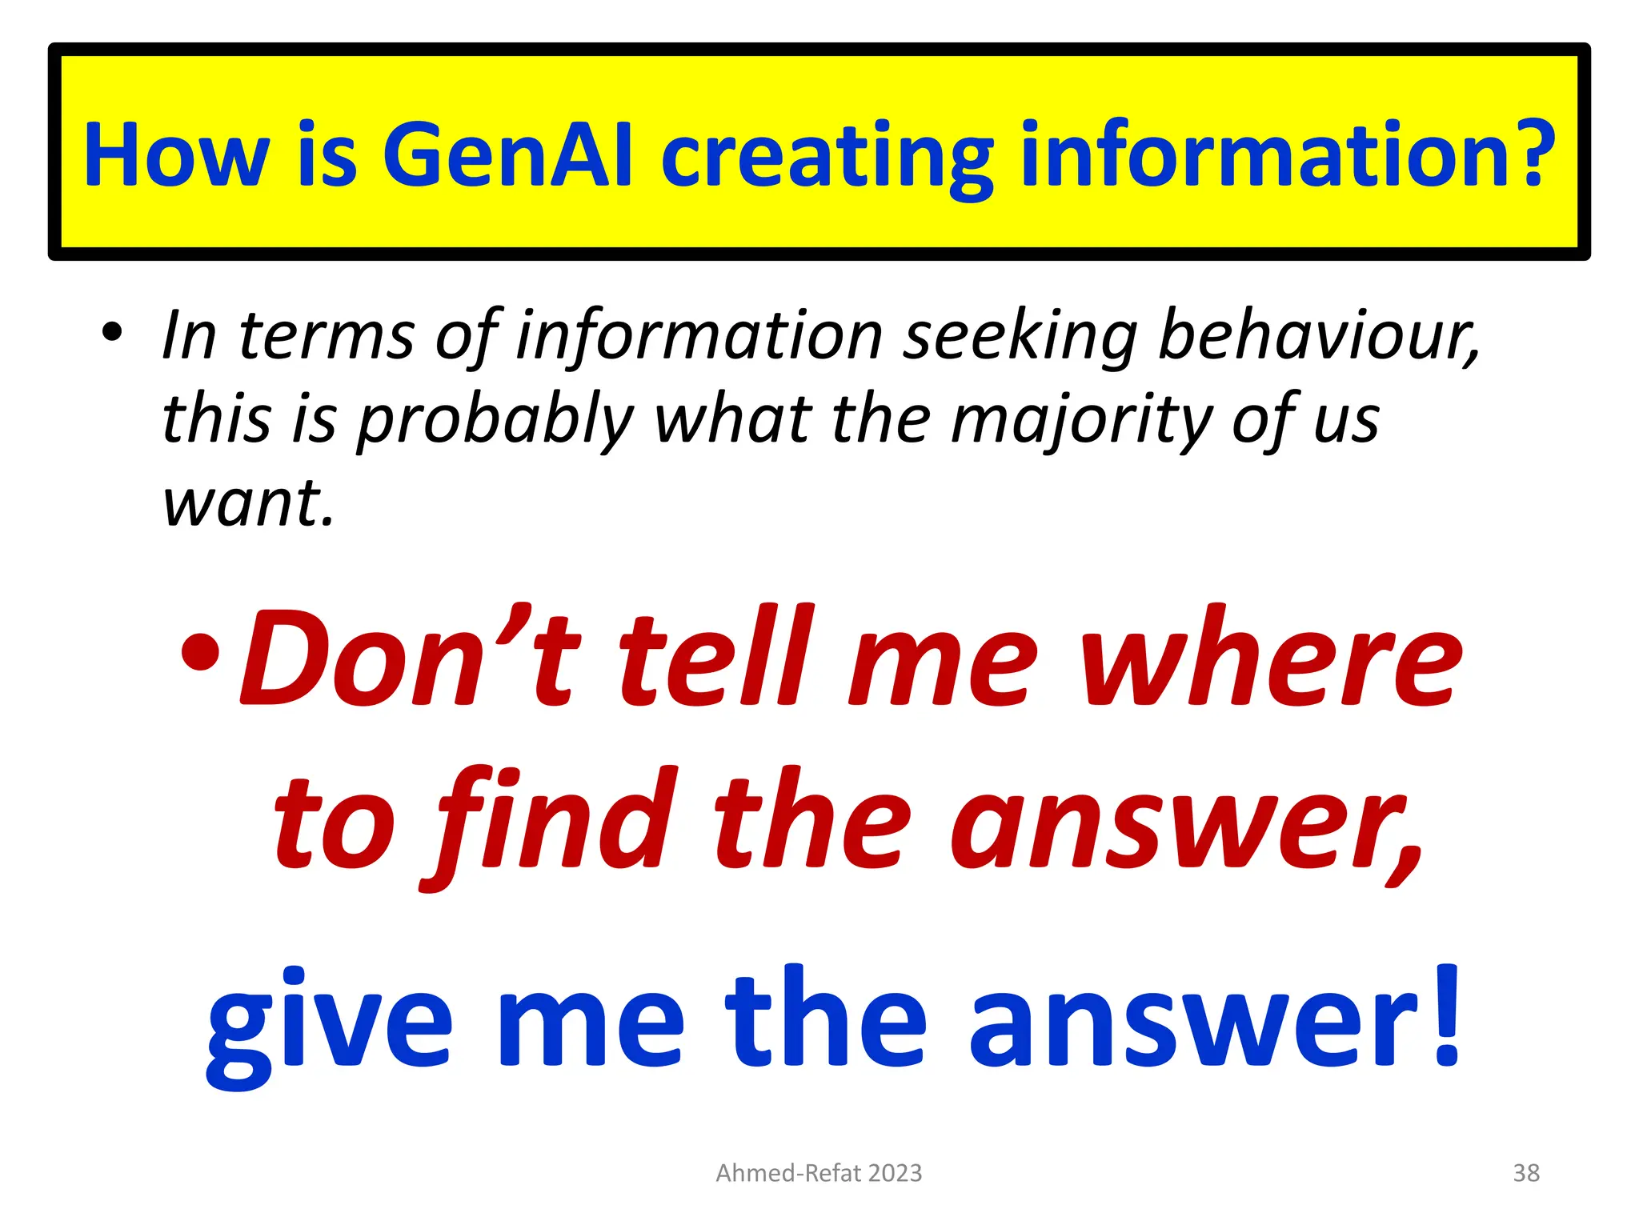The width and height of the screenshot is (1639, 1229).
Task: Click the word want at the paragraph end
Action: point(247,503)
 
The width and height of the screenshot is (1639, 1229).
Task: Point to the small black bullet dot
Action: point(112,331)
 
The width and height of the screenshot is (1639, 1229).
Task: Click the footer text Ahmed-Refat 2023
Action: point(819,1173)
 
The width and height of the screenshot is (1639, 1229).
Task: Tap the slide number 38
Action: point(1526,1173)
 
